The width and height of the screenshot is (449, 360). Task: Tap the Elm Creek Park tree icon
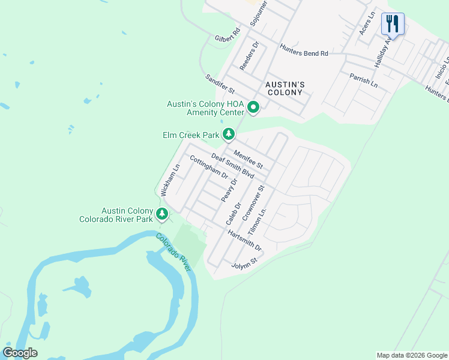pos(229,134)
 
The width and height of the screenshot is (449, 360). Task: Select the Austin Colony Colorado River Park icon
pos(161,214)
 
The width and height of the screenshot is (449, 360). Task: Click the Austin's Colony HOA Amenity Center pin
pos(253,108)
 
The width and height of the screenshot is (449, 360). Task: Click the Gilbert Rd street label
pos(228,35)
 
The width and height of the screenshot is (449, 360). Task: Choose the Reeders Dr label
pos(249,56)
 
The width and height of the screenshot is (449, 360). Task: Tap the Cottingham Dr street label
pos(209,167)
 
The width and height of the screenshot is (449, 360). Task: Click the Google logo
pos(20,352)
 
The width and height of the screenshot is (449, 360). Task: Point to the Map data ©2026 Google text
pos(411,355)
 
